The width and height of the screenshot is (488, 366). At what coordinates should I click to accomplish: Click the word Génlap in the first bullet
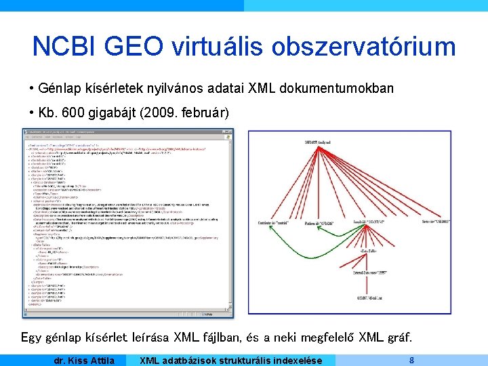(x=59, y=89)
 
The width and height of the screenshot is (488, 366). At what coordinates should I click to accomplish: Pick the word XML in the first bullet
(x=262, y=89)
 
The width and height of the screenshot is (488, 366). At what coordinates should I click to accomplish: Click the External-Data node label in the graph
(x=368, y=272)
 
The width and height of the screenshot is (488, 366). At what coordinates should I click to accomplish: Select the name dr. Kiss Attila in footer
(x=84, y=360)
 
